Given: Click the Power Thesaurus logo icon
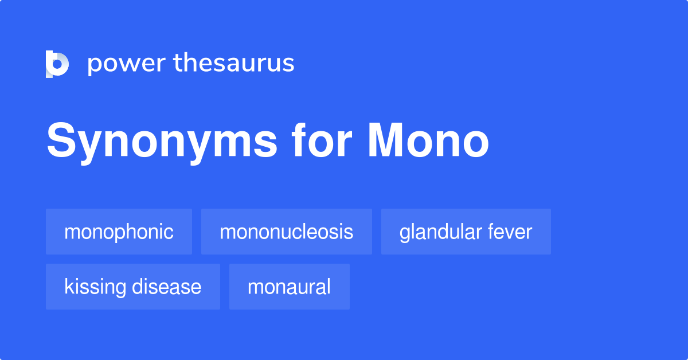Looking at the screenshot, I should tap(57, 64).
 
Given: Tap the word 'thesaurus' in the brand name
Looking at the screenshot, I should tap(234, 64).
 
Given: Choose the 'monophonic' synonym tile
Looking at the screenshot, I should tap(119, 232).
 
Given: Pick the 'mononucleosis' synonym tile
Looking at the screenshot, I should tap(286, 232).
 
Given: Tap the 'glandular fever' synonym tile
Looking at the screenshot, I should tap(466, 232).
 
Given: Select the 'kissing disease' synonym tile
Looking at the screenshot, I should tap(132, 287).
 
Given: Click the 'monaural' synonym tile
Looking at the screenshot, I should tap(289, 287).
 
